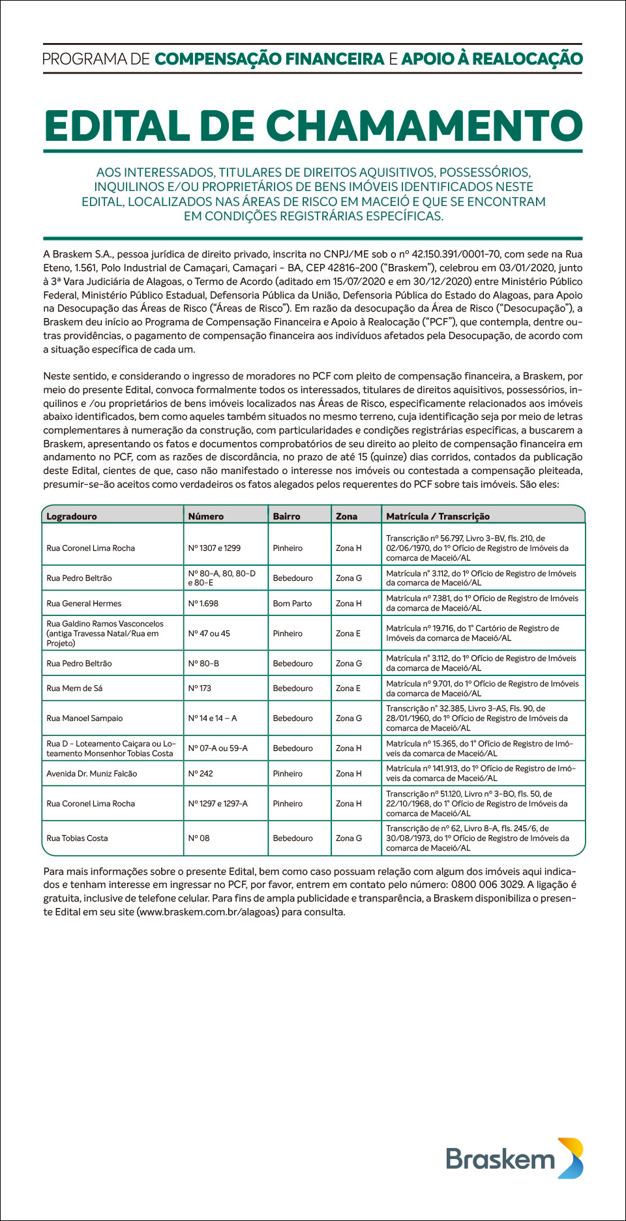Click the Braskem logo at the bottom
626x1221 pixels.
click(x=514, y=1159)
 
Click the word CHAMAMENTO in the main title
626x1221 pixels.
click(x=425, y=126)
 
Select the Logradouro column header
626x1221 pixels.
click(x=72, y=516)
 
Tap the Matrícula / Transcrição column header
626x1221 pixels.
click(x=438, y=516)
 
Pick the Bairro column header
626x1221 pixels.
click(x=286, y=516)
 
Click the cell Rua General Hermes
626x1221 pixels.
click(x=84, y=604)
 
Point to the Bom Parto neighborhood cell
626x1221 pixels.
click(x=292, y=604)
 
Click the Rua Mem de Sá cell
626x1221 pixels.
click(x=74, y=688)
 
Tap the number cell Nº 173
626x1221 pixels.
click(x=200, y=688)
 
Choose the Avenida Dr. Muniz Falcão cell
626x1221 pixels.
click(x=92, y=774)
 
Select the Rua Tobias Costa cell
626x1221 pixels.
click(x=77, y=838)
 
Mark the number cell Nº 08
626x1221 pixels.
click(x=199, y=838)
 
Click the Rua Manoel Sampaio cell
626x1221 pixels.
click(x=85, y=718)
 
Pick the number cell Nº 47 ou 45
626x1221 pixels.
click(x=209, y=634)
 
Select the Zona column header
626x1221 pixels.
click(x=346, y=516)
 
